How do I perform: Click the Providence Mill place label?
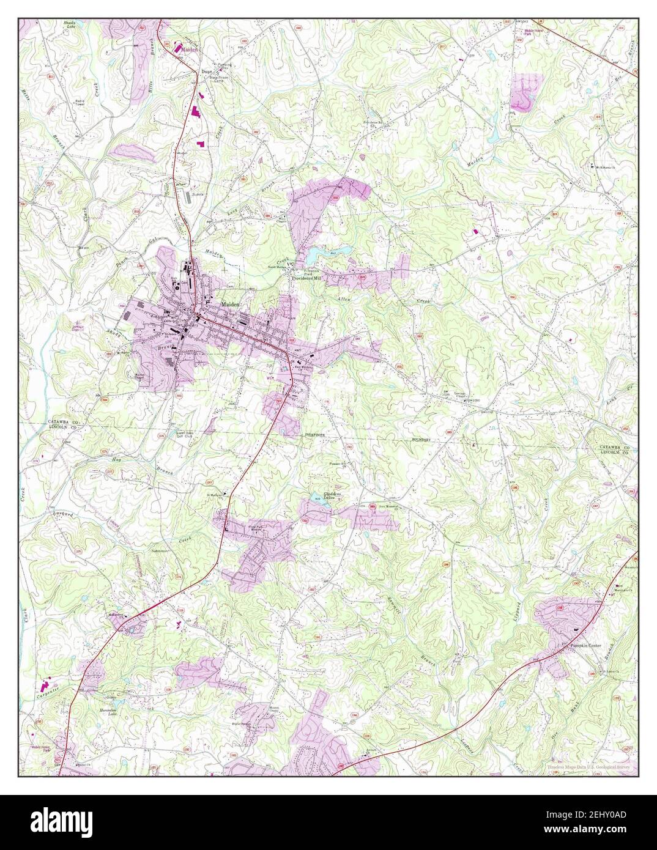pyautogui.click(x=306, y=277)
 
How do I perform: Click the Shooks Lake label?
pyautogui.click(x=71, y=25)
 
